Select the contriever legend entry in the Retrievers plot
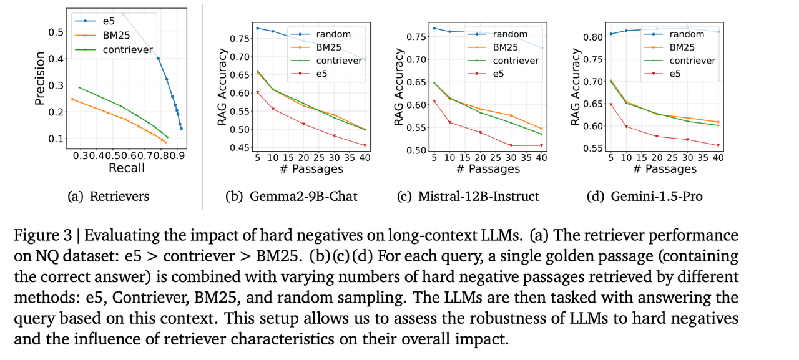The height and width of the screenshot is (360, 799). coord(127,49)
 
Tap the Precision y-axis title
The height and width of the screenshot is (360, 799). coord(39,77)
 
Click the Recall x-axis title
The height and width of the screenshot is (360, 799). coord(126,168)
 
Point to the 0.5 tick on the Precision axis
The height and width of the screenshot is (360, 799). coord(56,32)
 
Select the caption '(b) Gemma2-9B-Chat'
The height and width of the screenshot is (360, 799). coord(292,197)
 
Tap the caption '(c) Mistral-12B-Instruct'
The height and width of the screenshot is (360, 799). coord(468,197)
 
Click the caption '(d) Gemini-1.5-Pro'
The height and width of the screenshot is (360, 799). coord(645,197)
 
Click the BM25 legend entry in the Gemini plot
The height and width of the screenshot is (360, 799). coord(682,47)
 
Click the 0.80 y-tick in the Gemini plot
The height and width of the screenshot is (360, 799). coord(593,37)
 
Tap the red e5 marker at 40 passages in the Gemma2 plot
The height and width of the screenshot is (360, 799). coord(365,145)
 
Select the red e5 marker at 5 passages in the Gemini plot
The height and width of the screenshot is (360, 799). coord(611,104)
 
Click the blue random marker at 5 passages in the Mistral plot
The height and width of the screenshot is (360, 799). coord(434,28)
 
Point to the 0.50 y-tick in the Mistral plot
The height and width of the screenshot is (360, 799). coord(416,150)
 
